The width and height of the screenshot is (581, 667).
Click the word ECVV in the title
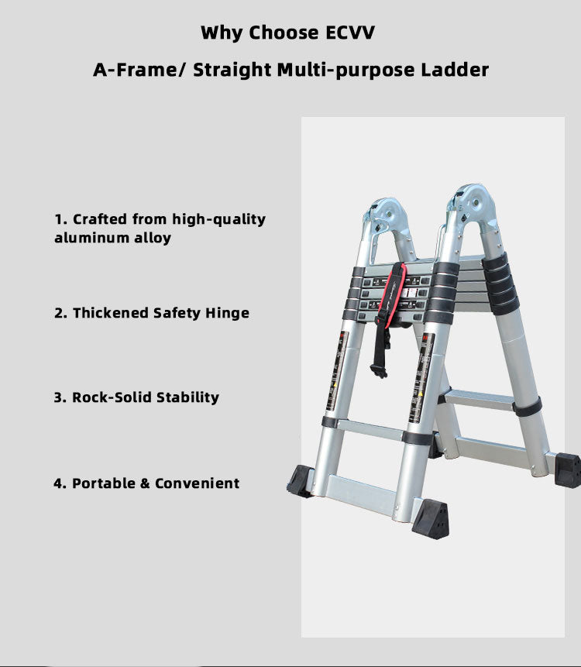(350, 33)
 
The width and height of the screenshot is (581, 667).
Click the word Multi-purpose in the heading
(346, 70)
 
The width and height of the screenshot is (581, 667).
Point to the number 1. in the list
(61, 219)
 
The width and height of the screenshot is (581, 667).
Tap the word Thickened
(111, 313)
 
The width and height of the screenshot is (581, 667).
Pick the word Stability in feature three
(188, 397)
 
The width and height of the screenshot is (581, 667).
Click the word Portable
(103, 483)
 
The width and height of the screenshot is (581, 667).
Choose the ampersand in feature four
(145, 483)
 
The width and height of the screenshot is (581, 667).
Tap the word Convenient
(197, 483)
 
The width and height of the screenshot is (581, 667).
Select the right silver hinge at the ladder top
(472, 205)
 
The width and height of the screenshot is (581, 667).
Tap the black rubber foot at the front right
(431, 518)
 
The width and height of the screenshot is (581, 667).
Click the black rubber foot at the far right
(568, 469)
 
